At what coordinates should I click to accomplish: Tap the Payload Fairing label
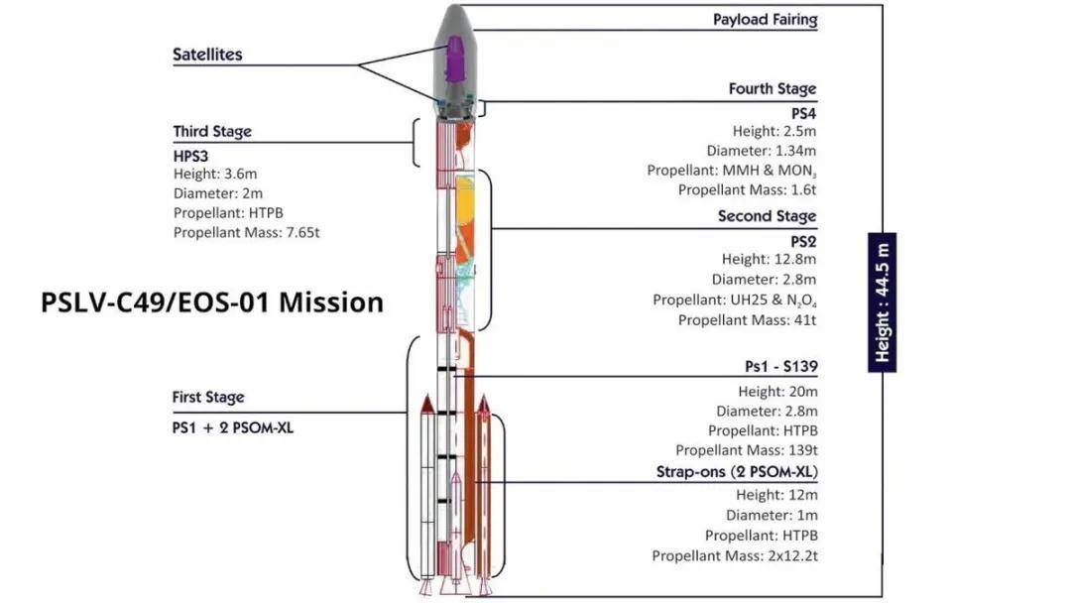(765, 20)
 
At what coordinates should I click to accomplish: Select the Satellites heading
(207, 55)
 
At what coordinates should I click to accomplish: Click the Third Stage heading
(212, 131)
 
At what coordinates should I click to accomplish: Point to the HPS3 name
(190, 157)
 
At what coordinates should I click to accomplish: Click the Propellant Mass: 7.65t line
(247, 233)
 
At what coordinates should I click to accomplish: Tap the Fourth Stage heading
(773, 89)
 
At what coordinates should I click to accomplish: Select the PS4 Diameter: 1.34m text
(762, 151)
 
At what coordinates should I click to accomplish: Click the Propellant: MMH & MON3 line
(732, 171)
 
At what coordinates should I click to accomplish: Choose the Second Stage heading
(767, 216)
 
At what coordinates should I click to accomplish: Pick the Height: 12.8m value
(770, 260)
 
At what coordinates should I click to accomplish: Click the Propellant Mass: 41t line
(748, 320)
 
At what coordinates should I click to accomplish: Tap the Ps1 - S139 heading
(781, 367)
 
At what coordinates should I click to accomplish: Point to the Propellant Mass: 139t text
(747, 450)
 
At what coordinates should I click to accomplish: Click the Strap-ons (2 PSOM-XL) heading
(737, 472)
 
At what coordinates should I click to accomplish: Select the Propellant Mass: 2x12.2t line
(734, 555)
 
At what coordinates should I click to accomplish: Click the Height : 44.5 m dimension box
(882, 302)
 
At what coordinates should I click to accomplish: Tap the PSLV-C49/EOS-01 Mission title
(212, 302)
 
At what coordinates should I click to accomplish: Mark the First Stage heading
(207, 398)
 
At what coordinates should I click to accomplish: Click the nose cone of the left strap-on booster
(426, 404)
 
